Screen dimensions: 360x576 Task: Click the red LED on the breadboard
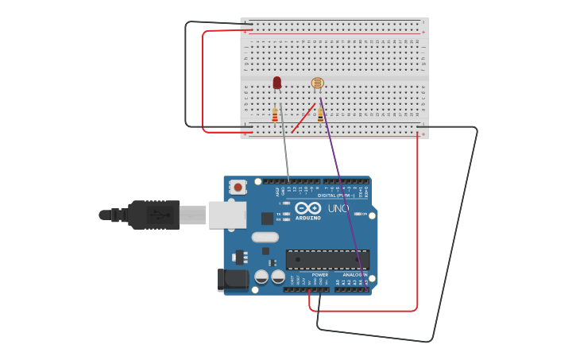click(x=276, y=82)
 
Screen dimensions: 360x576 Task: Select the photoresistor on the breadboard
click(x=317, y=83)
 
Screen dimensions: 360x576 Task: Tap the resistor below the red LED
click(x=275, y=115)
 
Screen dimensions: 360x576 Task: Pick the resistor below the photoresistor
click(x=320, y=115)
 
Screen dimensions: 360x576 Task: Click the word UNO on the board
click(x=338, y=209)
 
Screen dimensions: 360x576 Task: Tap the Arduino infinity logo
click(x=307, y=209)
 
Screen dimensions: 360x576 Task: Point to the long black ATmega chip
click(x=327, y=260)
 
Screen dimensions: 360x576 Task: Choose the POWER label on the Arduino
click(x=319, y=275)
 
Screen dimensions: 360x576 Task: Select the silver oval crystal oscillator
click(x=265, y=237)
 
